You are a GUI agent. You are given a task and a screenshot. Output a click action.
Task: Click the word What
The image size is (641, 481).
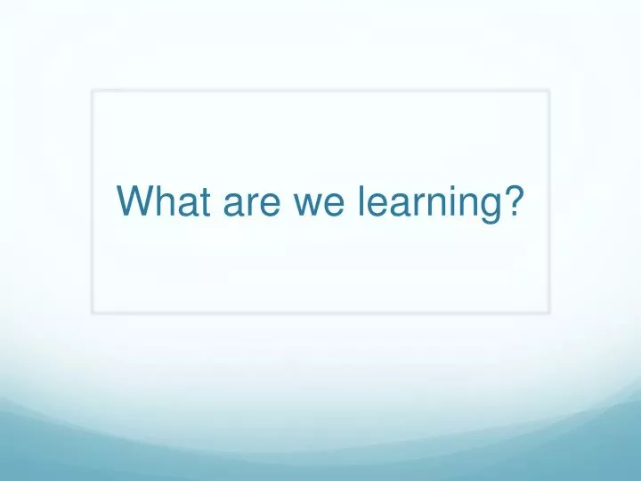click(161, 202)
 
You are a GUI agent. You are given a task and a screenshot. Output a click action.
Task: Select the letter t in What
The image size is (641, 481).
click(200, 202)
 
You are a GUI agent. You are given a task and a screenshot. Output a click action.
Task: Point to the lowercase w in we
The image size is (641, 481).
click(304, 205)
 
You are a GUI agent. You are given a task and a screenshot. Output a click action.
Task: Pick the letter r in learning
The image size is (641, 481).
click(414, 205)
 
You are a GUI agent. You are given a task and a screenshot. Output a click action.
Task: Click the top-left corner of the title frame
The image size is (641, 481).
click(93, 91)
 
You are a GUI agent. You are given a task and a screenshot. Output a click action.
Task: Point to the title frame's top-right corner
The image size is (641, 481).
click(548, 91)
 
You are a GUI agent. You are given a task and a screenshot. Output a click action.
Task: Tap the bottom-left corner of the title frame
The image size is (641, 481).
click(93, 312)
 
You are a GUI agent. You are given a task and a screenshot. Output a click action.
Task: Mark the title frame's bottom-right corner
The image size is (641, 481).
click(548, 312)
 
